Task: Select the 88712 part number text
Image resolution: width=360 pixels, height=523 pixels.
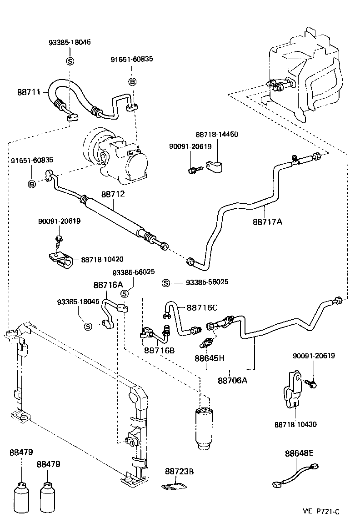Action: pyautogui.click(x=112, y=194)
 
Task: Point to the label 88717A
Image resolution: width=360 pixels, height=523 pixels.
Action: pyautogui.click(x=268, y=222)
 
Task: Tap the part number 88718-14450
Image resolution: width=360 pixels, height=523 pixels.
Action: pyautogui.click(x=217, y=135)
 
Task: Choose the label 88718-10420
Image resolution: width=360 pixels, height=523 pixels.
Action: pyautogui.click(x=102, y=259)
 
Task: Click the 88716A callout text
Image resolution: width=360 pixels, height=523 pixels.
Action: pyautogui.click(x=108, y=285)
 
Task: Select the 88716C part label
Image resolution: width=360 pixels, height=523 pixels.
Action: pyautogui.click(x=202, y=307)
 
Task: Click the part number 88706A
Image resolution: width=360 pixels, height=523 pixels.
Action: pyautogui.click(x=232, y=380)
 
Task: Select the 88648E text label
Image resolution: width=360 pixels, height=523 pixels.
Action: pyautogui.click(x=300, y=453)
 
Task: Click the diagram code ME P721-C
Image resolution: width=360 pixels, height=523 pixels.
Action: pyautogui.click(x=321, y=512)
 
